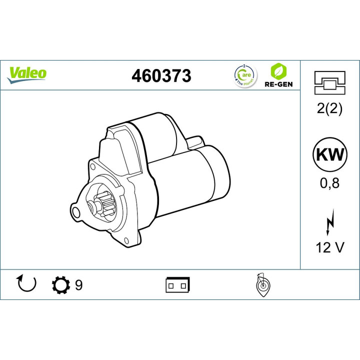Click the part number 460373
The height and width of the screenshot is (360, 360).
(x=161, y=75)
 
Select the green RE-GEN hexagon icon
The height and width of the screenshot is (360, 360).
(x=278, y=69)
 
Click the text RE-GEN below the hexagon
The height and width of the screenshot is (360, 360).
(x=278, y=84)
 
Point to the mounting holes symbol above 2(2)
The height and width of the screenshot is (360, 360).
(x=329, y=82)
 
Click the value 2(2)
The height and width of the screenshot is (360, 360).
(x=329, y=109)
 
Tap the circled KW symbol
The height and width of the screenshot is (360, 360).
(x=329, y=154)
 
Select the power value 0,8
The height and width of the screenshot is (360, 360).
(x=329, y=183)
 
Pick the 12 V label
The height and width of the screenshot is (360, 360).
(x=329, y=248)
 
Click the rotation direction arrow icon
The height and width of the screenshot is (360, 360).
(x=27, y=284)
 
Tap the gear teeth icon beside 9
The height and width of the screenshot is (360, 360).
(x=61, y=285)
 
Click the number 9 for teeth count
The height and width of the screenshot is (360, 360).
(x=78, y=285)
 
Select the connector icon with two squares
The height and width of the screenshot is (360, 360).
(x=177, y=285)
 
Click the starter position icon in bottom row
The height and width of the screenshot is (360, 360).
(x=261, y=285)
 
